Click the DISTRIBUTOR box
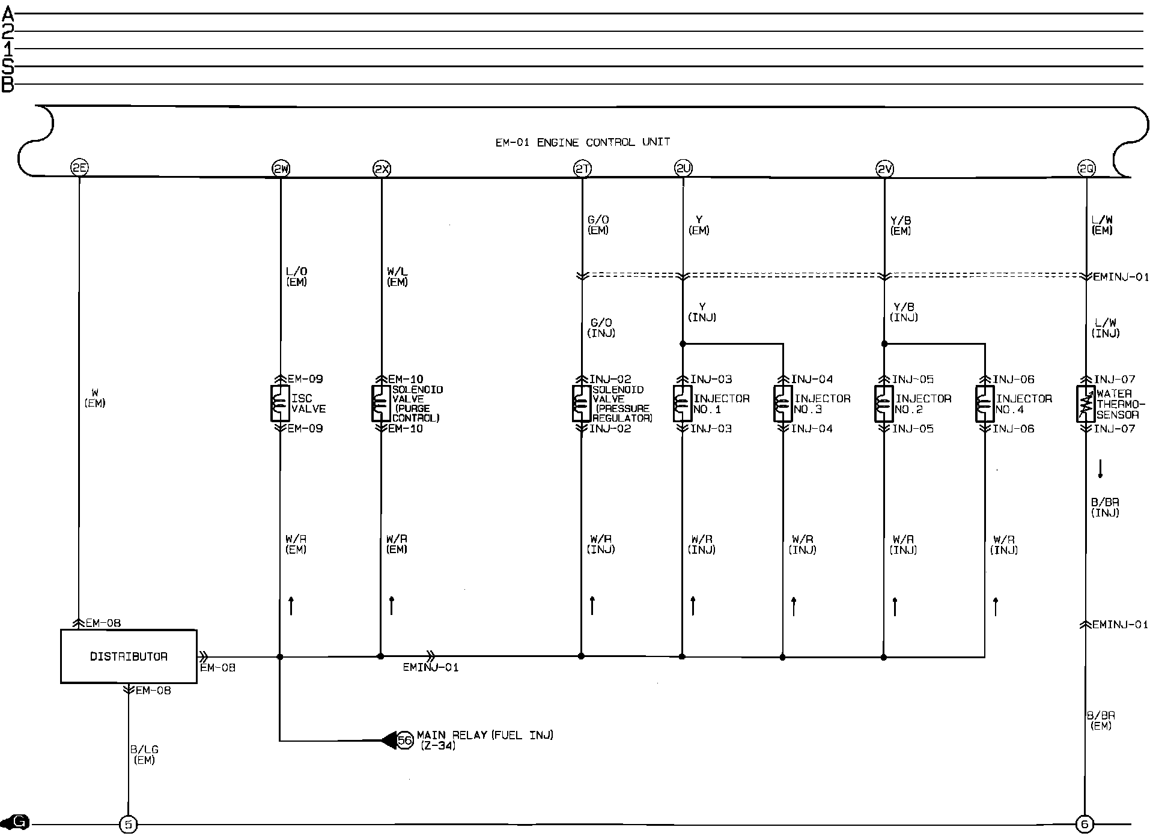coord(129,656)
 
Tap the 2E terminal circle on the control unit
coord(79,169)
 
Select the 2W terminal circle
coord(281,169)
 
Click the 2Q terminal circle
coord(1086,169)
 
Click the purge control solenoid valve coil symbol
coord(381,404)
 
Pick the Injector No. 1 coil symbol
coord(683,404)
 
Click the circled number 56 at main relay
coord(406,741)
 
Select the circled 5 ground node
coord(128,825)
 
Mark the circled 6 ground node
coord(1085,825)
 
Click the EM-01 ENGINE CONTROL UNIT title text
coord(582,142)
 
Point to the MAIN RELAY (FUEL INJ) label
coord(485,735)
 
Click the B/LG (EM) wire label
coord(144,755)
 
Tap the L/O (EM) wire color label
coord(297,277)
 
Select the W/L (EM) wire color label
coord(397,277)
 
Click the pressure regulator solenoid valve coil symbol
coord(582,404)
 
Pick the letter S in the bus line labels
coord(8,66)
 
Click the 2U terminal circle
coord(683,169)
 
